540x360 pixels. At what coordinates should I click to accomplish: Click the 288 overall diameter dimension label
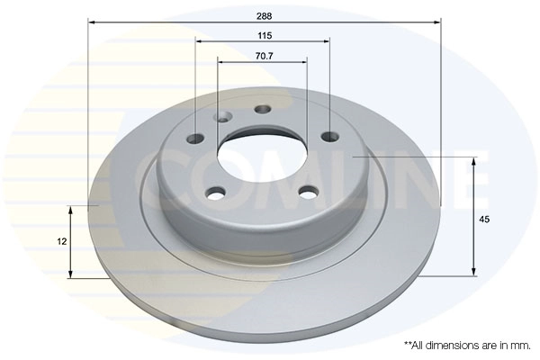[265, 15]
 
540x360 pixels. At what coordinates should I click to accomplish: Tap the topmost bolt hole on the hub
[263, 110]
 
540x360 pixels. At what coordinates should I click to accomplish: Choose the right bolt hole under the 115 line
[328, 137]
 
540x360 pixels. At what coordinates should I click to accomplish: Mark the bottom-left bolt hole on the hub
[214, 192]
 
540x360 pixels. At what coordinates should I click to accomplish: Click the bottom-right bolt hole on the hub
[308, 191]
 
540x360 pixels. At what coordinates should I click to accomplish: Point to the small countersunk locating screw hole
[222, 117]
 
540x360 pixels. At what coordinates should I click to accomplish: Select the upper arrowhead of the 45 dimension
[473, 161]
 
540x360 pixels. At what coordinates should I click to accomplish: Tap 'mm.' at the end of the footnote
[521, 345]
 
